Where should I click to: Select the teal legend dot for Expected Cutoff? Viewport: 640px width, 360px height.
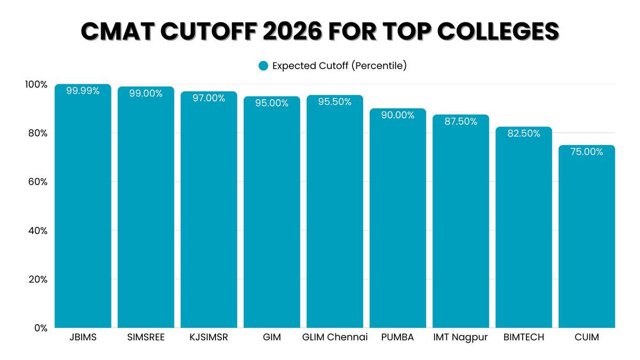pos(262,66)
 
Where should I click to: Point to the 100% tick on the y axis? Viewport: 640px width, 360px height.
pos(36,84)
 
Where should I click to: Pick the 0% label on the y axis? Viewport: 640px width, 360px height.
pos(40,328)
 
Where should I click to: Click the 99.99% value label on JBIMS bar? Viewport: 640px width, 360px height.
pos(83,91)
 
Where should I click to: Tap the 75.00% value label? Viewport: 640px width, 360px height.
pos(587,152)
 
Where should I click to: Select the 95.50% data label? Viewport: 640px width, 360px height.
pos(334,102)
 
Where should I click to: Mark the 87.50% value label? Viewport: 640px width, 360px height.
pos(460,122)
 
